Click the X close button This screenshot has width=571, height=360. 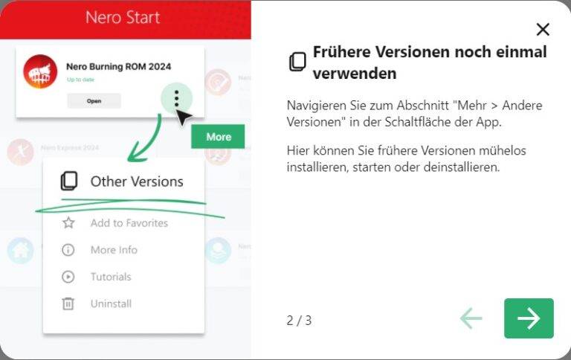tap(543, 30)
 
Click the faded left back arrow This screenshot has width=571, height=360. tap(471, 318)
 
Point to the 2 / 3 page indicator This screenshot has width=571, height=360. tap(299, 321)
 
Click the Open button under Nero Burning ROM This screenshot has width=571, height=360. tap(94, 101)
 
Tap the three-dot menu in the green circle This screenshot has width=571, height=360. tap(176, 98)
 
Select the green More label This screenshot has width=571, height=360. tap(218, 137)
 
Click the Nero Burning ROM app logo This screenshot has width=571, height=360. tap(40, 72)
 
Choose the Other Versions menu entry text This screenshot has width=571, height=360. tap(137, 181)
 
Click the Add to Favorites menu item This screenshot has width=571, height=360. tap(129, 223)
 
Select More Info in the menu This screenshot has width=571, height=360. tap(114, 250)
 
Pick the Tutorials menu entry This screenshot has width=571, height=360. tap(111, 277)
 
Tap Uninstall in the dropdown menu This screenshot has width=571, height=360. tap(111, 303)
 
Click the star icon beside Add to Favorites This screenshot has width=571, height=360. tap(68, 223)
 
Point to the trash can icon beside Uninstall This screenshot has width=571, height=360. tap(68, 303)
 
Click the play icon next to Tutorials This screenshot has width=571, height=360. tap(68, 277)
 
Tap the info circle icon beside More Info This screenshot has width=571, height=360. tap(68, 250)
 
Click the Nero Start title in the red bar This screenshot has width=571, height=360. tap(123, 17)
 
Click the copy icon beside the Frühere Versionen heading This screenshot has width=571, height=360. tap(297, 62)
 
